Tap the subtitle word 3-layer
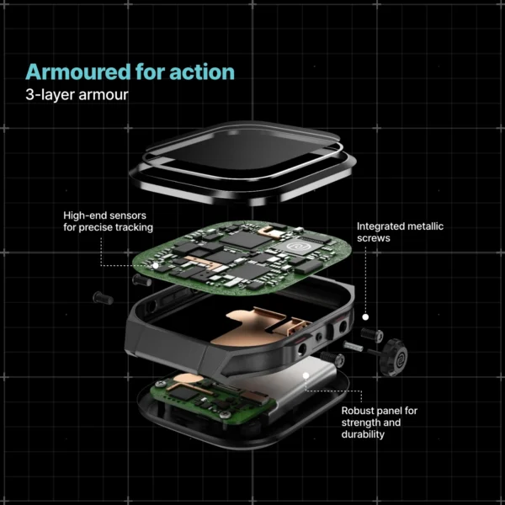pyautogui.click(x=51, y=94)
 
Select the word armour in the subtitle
pyautogui.click(x=104, y=94)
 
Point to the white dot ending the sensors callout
pyautogui.click(x=157, y=265)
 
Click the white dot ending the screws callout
pyautogui.click(x=366, y=318)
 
